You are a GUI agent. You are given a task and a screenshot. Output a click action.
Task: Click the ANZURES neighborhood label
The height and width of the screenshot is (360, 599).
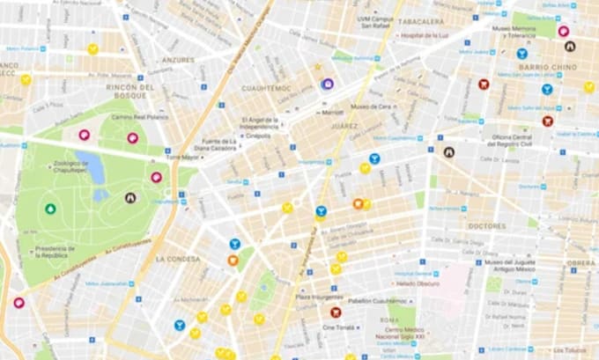coord(179,60)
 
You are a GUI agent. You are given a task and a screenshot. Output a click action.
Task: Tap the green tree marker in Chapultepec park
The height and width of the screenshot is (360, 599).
coord(50,209)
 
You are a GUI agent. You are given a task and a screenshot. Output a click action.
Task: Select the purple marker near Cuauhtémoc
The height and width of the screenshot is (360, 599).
coord(327,84)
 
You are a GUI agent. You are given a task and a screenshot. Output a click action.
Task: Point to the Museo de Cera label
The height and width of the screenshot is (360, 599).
coord(371,107)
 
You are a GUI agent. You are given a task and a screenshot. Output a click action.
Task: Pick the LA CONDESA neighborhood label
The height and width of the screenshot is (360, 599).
coord(180,260)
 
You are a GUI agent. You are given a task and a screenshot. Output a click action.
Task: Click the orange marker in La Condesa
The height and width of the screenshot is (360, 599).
coord(233,261)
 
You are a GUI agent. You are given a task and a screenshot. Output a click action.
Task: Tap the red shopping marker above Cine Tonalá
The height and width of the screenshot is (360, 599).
coord(336,312)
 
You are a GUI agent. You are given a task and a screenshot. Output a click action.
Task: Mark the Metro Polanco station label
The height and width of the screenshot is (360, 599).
coord(29,48)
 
